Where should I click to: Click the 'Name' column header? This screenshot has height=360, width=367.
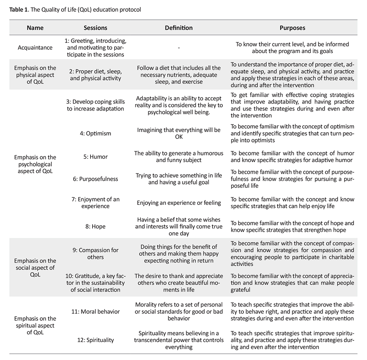click(x=35, y=28)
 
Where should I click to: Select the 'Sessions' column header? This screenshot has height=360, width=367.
click(x=95, y=28)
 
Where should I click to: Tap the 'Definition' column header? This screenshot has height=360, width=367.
click(x=179, y=28)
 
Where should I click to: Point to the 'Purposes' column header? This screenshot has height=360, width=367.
click(x=292, y=28)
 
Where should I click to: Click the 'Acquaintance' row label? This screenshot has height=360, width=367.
click(x=35, y=47)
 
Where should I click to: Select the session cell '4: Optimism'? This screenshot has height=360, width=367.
click(x=95, y=133)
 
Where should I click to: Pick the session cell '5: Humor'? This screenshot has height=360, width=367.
click(x=95, y=156)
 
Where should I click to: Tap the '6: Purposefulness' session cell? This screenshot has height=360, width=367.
click(x=95, y=179)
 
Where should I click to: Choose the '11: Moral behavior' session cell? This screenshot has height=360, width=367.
click(x=95, y=311)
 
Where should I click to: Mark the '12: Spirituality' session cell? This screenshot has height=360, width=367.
click(x=95, y=340)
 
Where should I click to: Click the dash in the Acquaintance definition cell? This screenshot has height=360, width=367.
click(x=179, y=48)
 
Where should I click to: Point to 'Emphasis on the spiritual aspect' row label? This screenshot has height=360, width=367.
click(x=35, y=325)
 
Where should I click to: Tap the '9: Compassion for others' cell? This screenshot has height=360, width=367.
click(x=95, y=253)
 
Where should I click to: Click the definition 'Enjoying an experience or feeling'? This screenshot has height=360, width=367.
click(x=179, y=203)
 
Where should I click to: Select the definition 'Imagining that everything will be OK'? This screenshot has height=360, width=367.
click(x=179, y=133)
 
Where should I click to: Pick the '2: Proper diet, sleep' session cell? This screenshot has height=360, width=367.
click(x=95, y=75)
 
